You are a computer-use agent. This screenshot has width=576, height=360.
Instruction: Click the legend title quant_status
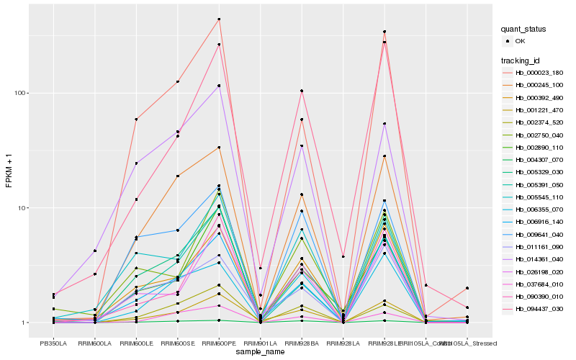(523, 29)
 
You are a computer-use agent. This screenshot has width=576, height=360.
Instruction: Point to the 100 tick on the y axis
(20, 93)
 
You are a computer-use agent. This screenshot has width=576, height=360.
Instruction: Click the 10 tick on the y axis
(22, 208)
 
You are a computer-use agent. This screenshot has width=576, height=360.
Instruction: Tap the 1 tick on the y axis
(24, 323)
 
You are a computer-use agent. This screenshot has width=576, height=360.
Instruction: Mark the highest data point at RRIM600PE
(219, 19)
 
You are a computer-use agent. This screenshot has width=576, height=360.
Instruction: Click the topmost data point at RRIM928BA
(302, 91)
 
